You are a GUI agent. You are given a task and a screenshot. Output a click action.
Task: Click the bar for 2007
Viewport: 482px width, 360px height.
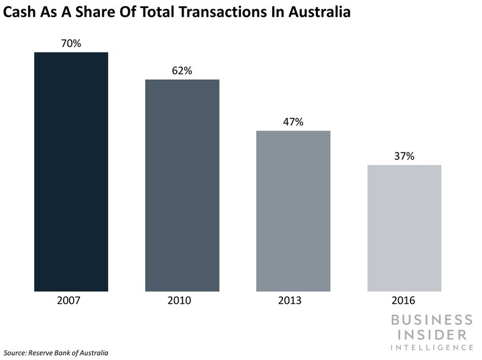(71, 171)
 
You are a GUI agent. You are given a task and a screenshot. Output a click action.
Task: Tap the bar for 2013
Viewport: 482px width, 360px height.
(293, 211)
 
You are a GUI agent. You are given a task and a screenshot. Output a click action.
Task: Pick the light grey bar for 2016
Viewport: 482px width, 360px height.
(404, 228)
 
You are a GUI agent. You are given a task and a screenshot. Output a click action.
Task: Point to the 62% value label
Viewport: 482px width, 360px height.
(182, 71)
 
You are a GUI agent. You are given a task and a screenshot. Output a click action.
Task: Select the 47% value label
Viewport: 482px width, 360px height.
(293, 121)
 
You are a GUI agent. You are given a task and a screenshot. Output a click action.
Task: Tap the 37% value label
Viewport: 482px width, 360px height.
(404, 156)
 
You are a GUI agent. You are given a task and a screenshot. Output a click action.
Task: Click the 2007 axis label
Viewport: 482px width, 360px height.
(71, 301)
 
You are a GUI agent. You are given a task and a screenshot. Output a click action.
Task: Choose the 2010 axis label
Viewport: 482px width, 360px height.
(182, 301)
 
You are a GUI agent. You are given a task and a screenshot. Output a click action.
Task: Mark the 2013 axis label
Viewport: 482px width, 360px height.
(293, 301)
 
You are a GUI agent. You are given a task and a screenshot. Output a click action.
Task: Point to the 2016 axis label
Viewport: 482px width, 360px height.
(404, 301)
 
